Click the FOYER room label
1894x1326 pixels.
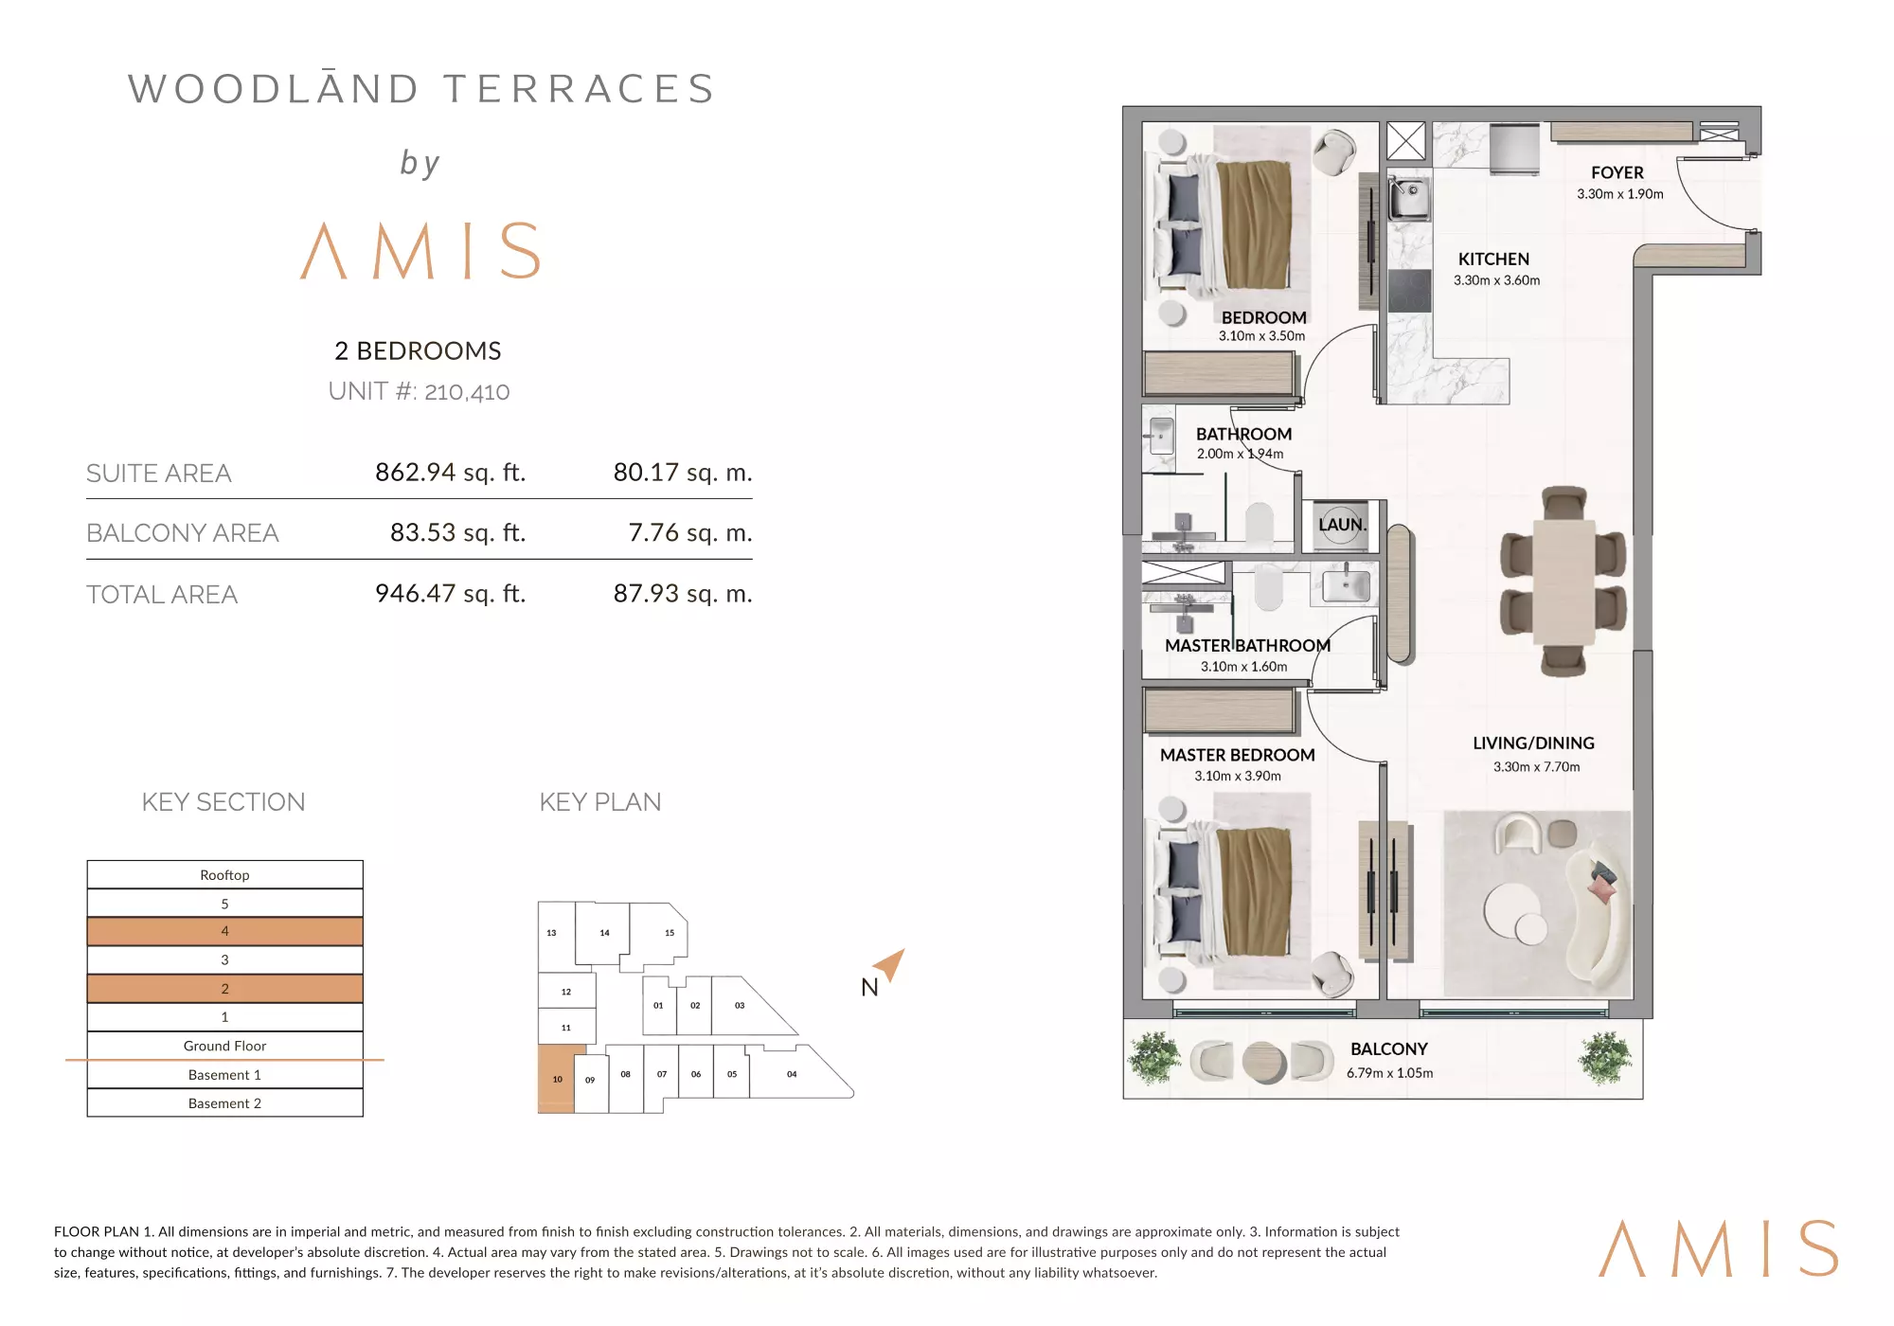coord(1617,172)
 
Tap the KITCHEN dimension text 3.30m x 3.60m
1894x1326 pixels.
coord(1496,280)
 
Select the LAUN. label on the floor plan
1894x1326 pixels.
coord(1342,524)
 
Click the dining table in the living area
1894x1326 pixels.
coord(1563,581)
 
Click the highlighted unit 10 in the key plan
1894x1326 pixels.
coord(558,1078)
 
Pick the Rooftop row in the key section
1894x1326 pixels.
coord(224,874)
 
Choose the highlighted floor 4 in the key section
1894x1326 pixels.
coord(224,931)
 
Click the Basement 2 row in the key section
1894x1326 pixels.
coord(224,1102)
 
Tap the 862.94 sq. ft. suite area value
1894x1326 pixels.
coord(450,472)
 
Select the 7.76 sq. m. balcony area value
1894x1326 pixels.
coord(690,532)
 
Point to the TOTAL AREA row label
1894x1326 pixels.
coord(162,595)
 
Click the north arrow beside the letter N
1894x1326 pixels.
coord(890,964)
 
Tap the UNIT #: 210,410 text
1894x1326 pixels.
coord(419,391)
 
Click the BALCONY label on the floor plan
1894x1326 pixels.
coord(1388,1048)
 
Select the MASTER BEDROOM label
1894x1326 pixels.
coord(1237,755)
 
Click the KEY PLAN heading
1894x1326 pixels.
coord(600,802)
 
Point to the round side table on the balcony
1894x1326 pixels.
coord(1262,1062)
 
